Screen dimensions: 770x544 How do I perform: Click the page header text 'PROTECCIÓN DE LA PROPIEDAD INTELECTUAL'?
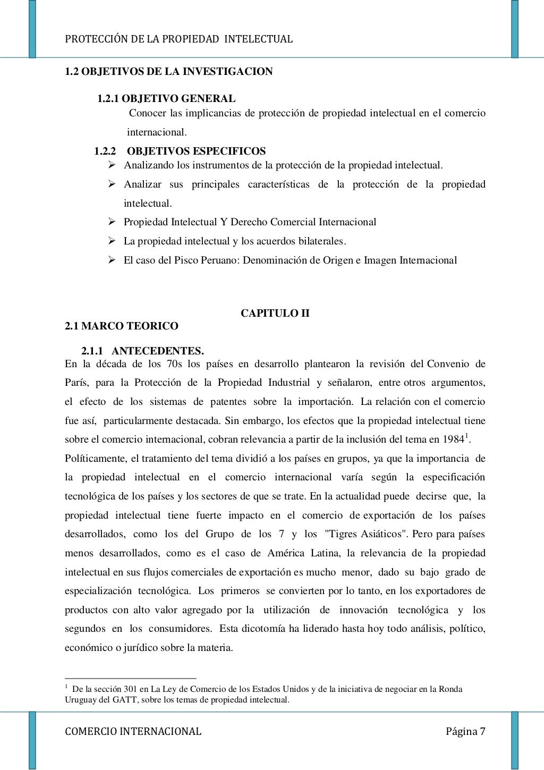click(x=178, y=39)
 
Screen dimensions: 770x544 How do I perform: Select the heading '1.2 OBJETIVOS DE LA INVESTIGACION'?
click(x=168, y=71)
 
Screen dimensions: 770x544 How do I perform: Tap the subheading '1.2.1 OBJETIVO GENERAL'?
click(x=166, y=98)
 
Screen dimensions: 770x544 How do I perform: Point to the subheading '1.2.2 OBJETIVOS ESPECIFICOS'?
click(x=180, y=151)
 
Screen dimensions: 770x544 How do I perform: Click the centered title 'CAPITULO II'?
click(x=275, y=313)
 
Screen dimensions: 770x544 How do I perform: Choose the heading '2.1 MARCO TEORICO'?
click(x=122, y=326)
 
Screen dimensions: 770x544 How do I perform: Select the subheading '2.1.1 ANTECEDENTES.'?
click(x=142, y=351)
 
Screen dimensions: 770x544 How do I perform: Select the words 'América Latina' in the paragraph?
click(x=302, y=553)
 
